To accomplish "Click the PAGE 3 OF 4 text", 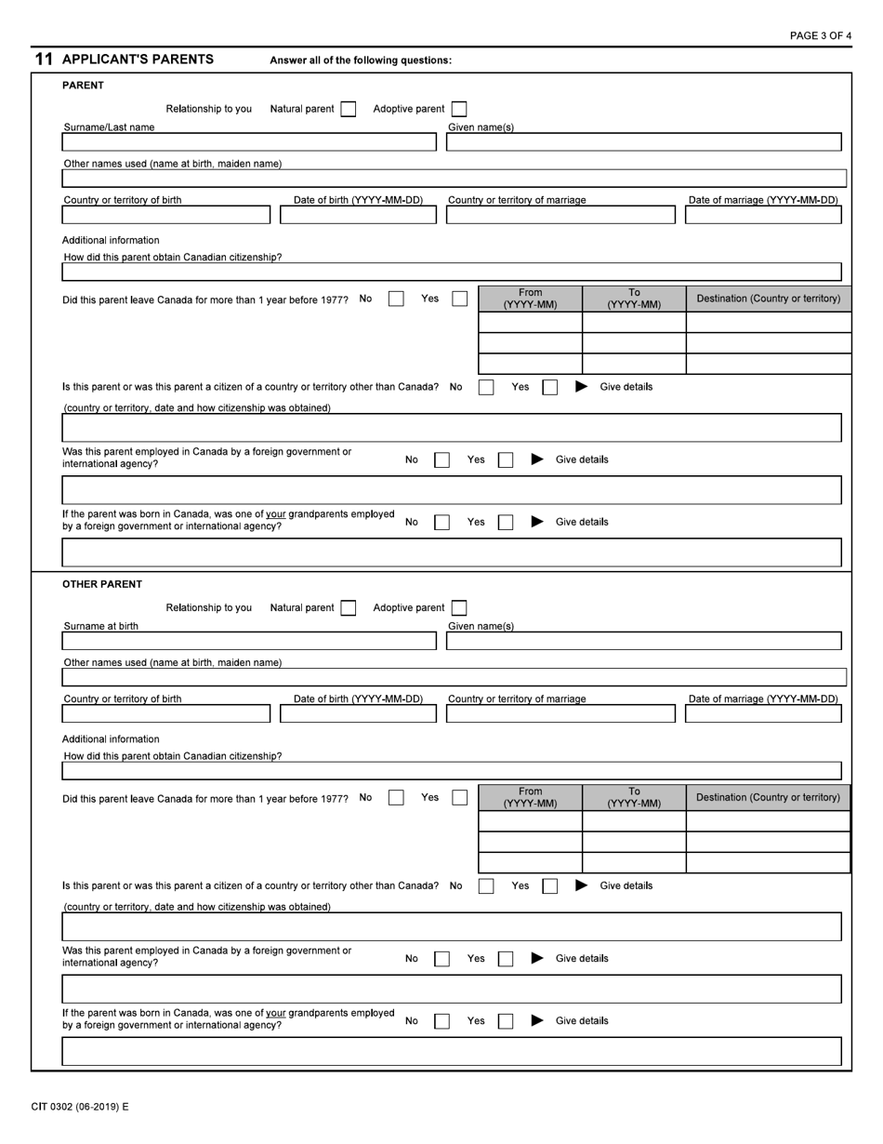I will coord(820,35).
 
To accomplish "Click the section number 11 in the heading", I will coord(44,60).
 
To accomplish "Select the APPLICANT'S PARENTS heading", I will coord(138,60).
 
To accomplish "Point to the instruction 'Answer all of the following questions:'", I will coord(361,60).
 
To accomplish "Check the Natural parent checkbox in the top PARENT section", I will coord(348,109).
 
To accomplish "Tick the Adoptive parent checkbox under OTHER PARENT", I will coord(458,607).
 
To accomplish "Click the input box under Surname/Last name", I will coord(248,142).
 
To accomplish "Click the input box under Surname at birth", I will coord(248,641).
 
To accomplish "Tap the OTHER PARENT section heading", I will coord(102,584).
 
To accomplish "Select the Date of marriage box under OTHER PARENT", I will coord(763,713).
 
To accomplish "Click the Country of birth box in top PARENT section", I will coord(165,215).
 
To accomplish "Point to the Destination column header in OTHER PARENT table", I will coord(768,797).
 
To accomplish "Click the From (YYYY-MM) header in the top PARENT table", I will coord(530,299).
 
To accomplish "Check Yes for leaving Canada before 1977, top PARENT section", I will coord(459,299).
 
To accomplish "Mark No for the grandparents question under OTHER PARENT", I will coord(441,1020).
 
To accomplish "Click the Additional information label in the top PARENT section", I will coord(111,240).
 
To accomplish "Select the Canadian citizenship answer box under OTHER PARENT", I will coord(451,770).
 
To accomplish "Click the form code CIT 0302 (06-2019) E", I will coord(80,1107).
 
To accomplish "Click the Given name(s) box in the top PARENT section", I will coord(643,142).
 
